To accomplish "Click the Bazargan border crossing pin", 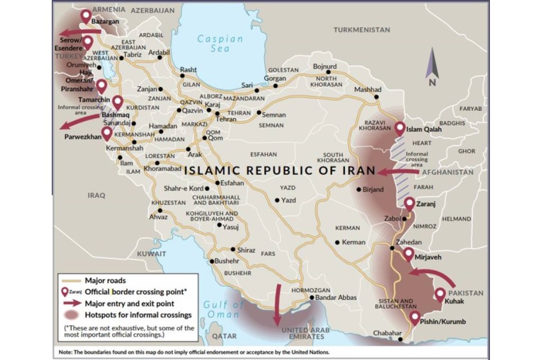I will tap(85, 16).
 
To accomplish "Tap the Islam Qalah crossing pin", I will tap(400, 129).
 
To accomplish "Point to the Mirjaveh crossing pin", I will tap(408, 254).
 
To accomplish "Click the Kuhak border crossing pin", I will tap(439, 295).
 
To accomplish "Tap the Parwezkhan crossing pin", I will tap(106, 133).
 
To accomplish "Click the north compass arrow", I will tap(432, 63).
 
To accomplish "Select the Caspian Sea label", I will tap(220, 44).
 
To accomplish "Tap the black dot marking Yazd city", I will tap(277, 200).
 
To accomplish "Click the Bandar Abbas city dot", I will tap(312, 298).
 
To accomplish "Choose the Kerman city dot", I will tap(337, 242).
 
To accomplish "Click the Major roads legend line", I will tap(72, 280).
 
